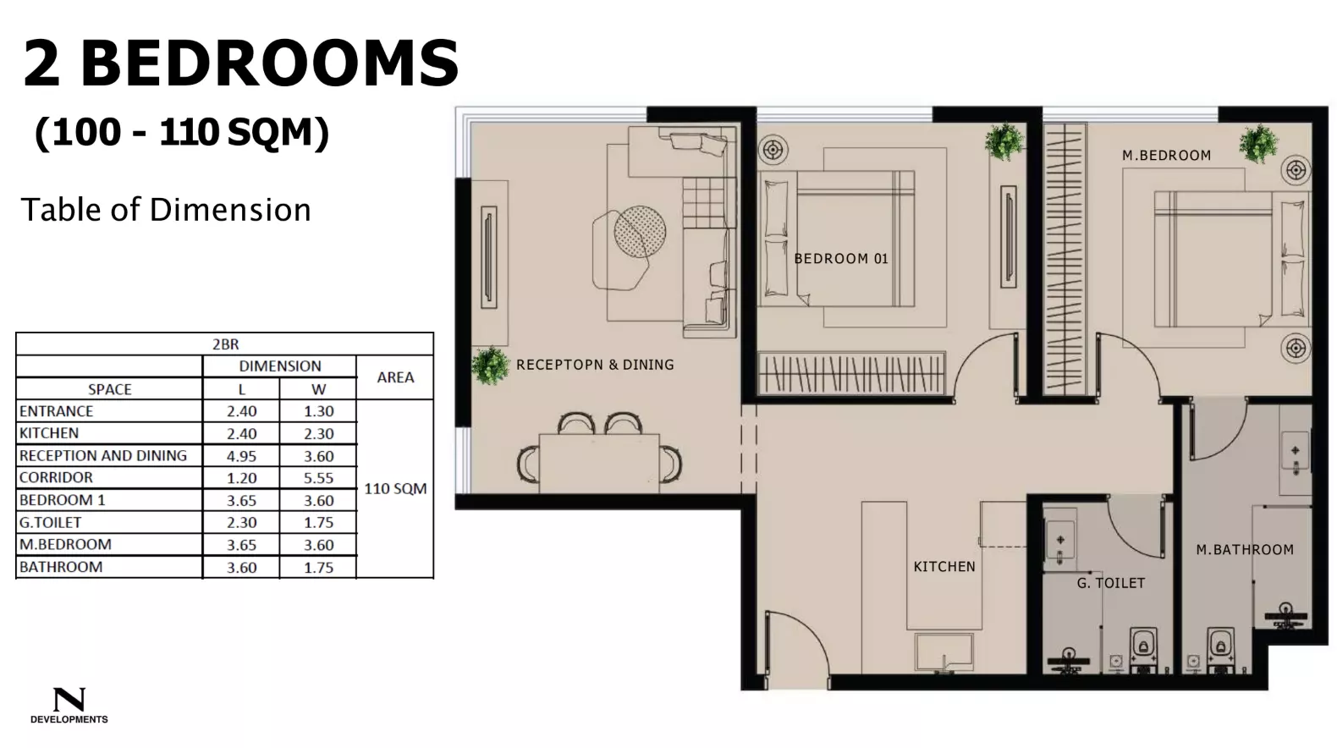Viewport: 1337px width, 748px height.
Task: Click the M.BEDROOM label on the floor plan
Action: (x=1166, y=156)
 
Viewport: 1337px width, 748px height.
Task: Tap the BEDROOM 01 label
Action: (x=841, y=259)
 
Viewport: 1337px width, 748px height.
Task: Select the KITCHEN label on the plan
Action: (x=944, y=567)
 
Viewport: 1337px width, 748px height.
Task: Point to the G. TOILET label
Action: (x=1110, y=583)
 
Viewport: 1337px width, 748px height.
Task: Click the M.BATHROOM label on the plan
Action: (x=1244, y=550)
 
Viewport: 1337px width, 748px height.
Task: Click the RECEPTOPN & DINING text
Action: (x=595, y=365)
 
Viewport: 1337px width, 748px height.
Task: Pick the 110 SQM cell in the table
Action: (x=395, y=489)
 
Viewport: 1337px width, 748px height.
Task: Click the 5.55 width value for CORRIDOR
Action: (x=318, y=478)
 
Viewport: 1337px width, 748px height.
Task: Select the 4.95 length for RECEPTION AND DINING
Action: (x=241, y=456)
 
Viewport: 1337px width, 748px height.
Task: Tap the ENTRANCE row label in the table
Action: (x=57, y=411)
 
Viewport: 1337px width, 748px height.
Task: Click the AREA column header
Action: (x=395, y=377)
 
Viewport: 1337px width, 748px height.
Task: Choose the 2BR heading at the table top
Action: (x=225, y=344)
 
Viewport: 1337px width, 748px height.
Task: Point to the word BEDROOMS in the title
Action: (x=270, y=64)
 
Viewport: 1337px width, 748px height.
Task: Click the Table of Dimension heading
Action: (x=166, y=210)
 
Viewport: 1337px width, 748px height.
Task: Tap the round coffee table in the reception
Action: (x=640, y=231)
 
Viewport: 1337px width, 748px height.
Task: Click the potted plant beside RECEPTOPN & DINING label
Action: (x=490, y=366)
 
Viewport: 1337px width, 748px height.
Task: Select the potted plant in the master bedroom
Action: (x=1258, y=143)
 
